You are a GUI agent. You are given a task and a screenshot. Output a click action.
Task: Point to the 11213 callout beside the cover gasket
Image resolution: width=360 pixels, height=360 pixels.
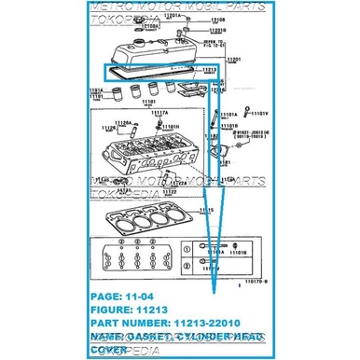point(209,70)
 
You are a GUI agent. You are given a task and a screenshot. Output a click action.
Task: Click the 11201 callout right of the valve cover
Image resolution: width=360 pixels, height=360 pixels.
point(234,60)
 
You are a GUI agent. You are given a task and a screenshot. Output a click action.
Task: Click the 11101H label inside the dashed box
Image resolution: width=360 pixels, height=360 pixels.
point(170,126)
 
